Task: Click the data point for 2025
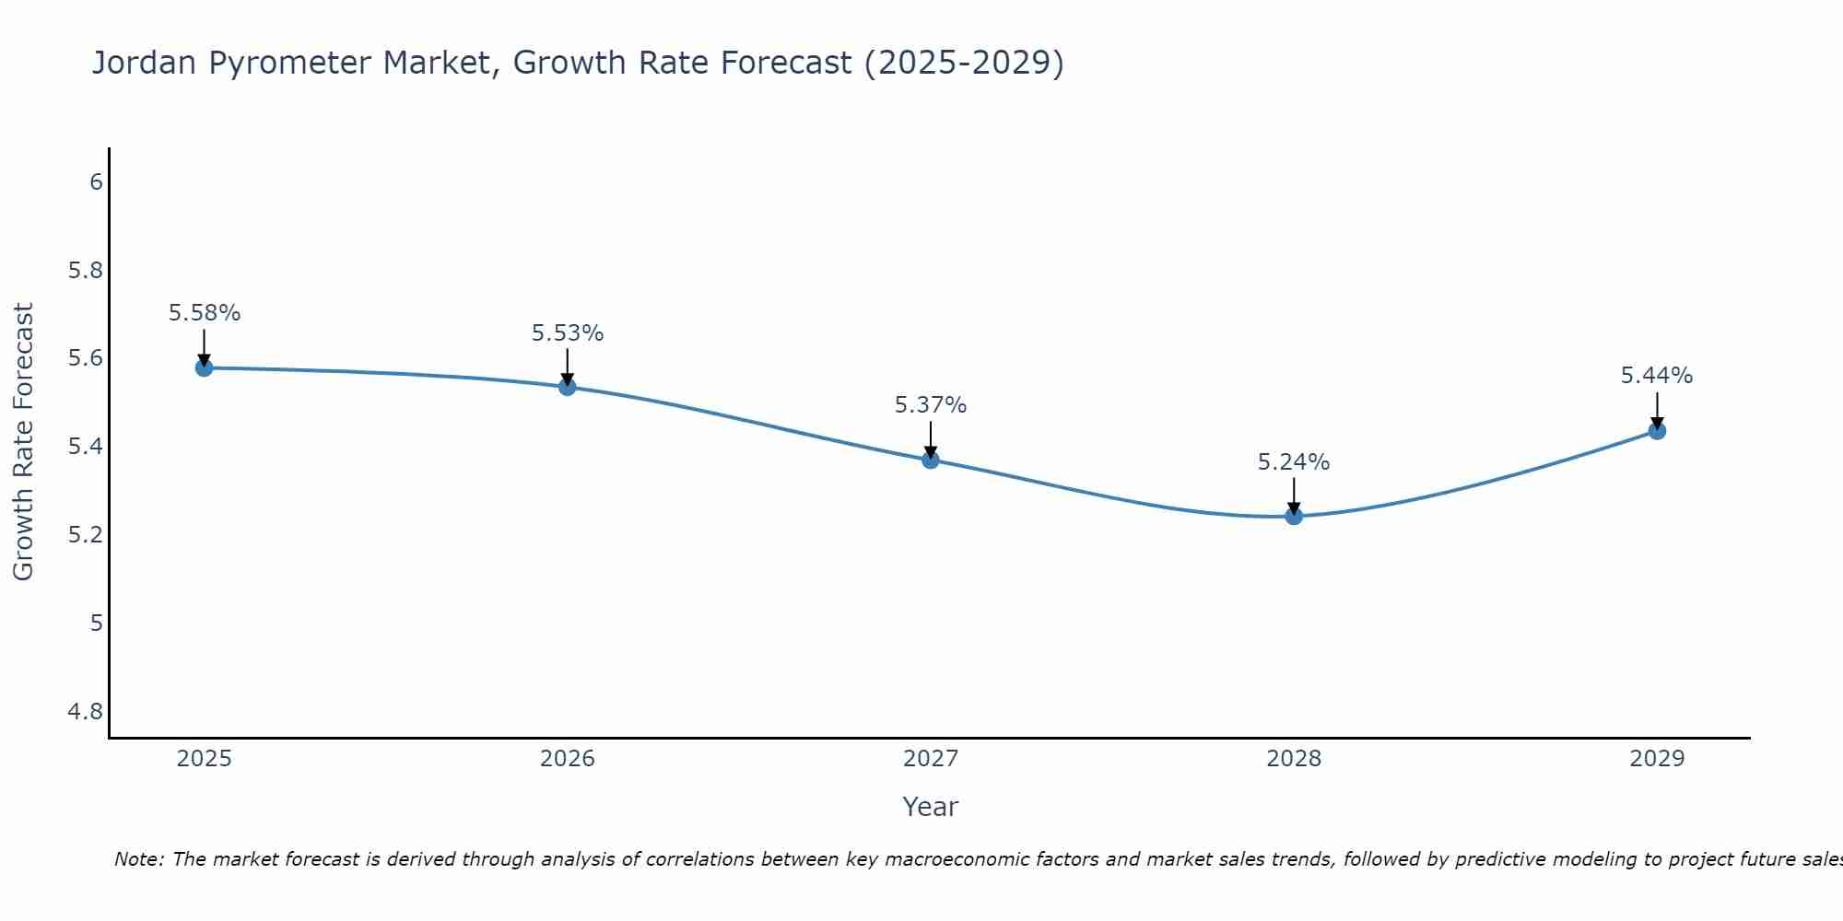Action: coord(204,367)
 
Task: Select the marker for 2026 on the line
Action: coord(567,387)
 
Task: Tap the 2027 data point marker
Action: coord(931,460)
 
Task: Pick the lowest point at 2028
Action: coord(1294,516)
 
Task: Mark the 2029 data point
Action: coord(1657,430)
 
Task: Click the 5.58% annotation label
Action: coord(204,313)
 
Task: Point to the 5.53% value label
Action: coord(567,333)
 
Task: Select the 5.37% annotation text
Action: coord(931,405)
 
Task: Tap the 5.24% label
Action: coord(1294,462)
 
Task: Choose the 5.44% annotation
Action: coord(1657,376)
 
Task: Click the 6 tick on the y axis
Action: coord(96,181)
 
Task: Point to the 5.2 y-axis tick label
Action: coord(86,535)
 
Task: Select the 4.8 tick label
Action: coord(86,712)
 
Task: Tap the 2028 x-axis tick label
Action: coord(1294,759)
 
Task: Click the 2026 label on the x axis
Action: coord(567,759)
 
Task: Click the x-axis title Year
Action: coord(931,807)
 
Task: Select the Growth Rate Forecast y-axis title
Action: coord(23,442)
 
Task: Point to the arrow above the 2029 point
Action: coord(1657,408)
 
